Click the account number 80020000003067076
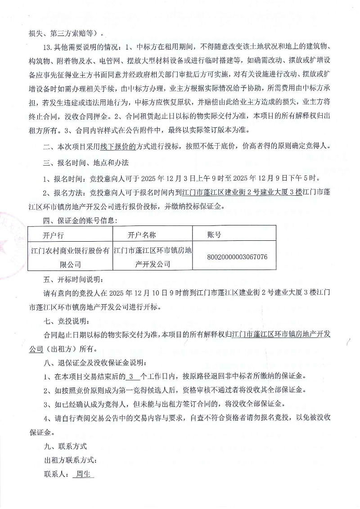coord(237,257)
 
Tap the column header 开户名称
coord(142,235)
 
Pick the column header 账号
coord(214,235)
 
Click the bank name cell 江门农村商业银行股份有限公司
coord(70,257)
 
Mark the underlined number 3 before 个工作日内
coord(131,377)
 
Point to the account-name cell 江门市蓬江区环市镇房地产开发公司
coord(153,257)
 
